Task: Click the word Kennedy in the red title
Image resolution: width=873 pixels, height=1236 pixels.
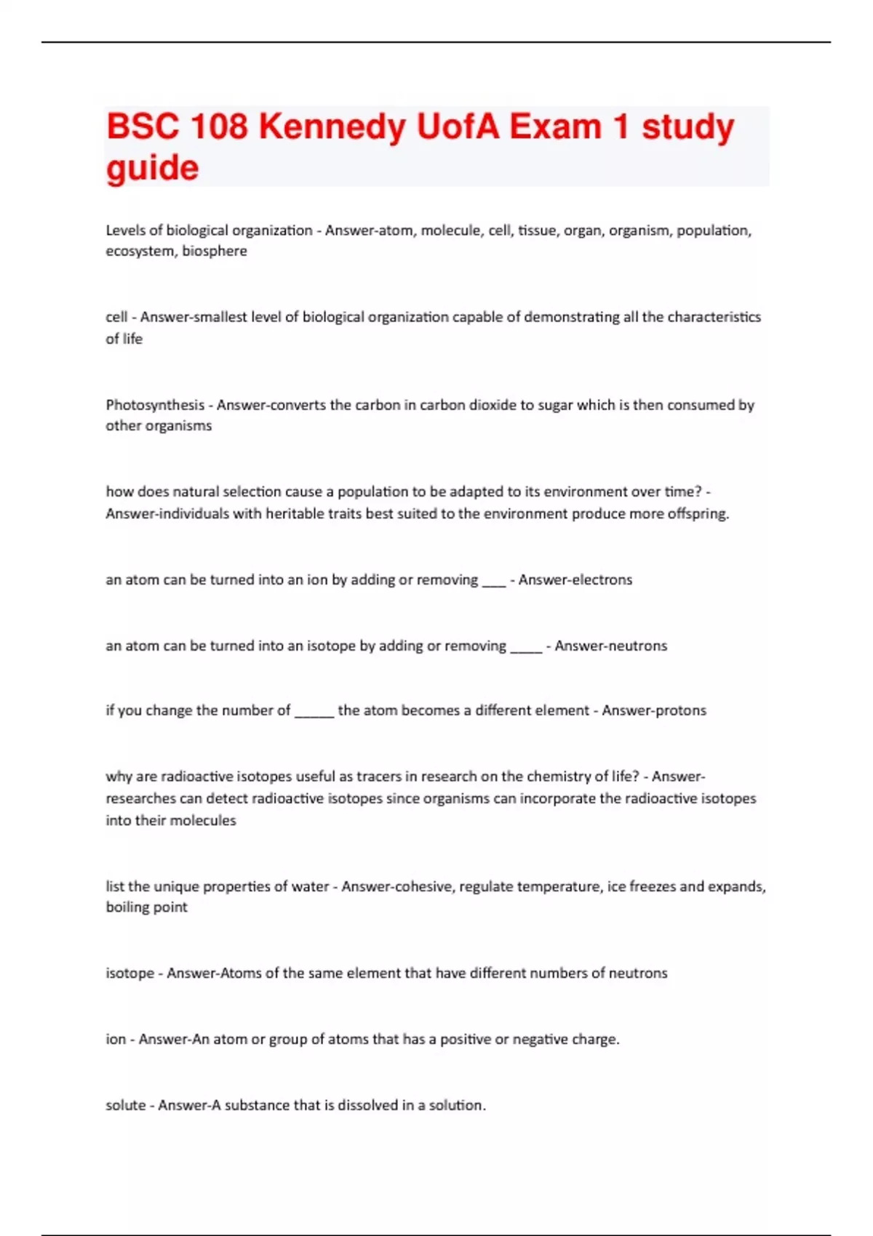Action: click(332, 127)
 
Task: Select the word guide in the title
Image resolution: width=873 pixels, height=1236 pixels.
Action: click(152, 169)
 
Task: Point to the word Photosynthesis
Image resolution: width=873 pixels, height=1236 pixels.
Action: click(155, 405)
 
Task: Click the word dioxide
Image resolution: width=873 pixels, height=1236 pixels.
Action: click(501, 405)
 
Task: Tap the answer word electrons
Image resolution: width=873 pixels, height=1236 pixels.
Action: click(597, 580)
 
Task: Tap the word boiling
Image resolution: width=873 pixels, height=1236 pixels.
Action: click(127, 907)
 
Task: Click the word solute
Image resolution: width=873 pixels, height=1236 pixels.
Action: click(124, 1105)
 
